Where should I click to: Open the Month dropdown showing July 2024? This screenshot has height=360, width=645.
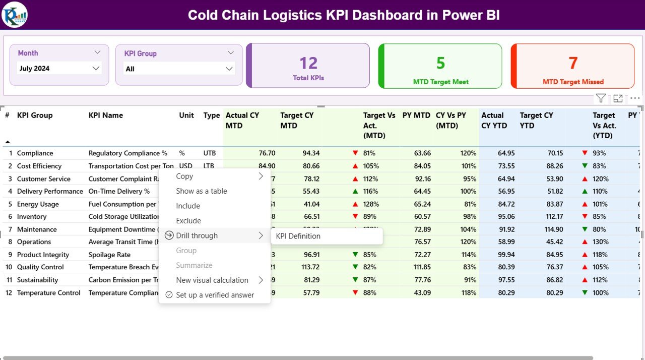[x=59, y=69]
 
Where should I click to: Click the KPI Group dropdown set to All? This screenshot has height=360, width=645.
[x=179, y=69]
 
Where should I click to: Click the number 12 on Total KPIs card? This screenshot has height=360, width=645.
[x=308, y=63]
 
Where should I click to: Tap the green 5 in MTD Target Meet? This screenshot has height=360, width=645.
[x=440, y=63]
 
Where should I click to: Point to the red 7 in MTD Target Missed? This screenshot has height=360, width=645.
[x=573, y=63]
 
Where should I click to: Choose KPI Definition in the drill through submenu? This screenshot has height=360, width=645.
[x=298, y=236]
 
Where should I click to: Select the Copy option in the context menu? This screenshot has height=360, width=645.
[x=184, y=176]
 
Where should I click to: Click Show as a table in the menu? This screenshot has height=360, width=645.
[x=202, y=191]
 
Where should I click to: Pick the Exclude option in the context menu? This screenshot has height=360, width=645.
[x=188, y=221]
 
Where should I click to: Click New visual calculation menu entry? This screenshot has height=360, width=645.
[x=212, y=280]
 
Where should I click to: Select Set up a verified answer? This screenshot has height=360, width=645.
[x=215, y=295]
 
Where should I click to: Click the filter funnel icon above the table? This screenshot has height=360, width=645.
[x=601, y=98]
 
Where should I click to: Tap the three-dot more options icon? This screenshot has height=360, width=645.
[x=635, y=98]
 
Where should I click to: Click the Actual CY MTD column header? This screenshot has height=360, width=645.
[x=242, y=121]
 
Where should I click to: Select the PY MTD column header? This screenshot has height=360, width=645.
[x=416, y=115]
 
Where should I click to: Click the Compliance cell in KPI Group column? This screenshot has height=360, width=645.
[x=35, y=153]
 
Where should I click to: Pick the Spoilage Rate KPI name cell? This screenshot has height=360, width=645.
[x=109, y=255]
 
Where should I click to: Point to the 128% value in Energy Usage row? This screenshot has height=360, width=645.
[x=370, y=204]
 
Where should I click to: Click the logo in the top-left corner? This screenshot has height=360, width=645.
[x=15, y=15]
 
